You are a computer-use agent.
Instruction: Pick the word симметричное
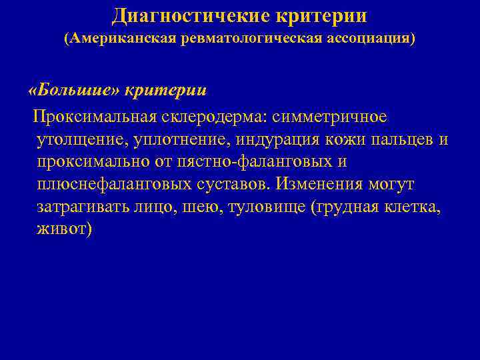(x=339, y=117)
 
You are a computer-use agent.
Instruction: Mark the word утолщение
(x=83, y=139)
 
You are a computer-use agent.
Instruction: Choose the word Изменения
(x=325, y=184)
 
